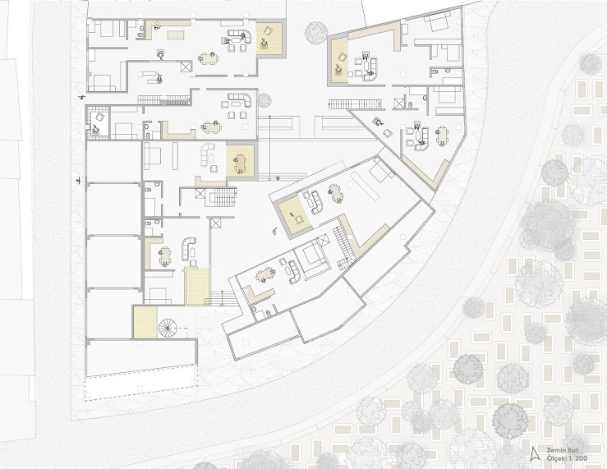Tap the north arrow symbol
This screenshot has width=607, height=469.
tap(536, 453)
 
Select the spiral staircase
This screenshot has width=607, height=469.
tap(168, 328)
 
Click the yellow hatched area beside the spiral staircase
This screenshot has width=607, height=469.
tap(145, 322)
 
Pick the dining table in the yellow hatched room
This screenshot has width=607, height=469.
tap(240, 163)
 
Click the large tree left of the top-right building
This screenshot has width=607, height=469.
tap(316, 33)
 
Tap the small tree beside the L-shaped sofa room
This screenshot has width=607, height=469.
tap(264, 100)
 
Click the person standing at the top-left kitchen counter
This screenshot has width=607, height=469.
tap(157, 26)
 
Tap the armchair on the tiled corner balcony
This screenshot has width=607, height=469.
tap(99, 117)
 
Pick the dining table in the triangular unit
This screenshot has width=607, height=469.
tap(442, 136)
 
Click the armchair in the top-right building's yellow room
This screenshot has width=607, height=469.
tap(343, 57)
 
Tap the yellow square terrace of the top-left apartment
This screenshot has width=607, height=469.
tap(269, 38)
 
